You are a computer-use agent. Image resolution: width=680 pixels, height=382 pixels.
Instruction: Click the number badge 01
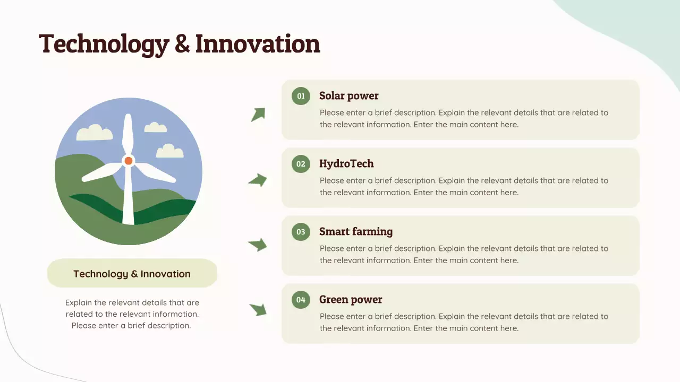301,96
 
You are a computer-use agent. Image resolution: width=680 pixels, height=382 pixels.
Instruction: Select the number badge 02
301,164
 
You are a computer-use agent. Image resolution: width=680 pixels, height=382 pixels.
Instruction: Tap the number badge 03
301,232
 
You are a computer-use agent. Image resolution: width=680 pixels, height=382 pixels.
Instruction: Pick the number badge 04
301,300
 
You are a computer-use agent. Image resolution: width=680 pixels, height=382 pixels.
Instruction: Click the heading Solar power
348,96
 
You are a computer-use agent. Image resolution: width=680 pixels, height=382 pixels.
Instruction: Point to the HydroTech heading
346,164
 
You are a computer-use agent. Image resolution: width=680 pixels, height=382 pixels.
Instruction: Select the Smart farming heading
355,232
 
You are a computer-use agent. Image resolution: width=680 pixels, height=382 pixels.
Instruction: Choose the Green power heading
351,300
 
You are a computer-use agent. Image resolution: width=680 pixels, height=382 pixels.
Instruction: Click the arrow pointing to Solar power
258,114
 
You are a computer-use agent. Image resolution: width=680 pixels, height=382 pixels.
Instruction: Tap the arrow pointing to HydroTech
258,180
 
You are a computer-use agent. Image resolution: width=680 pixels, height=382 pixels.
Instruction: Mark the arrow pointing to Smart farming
258,245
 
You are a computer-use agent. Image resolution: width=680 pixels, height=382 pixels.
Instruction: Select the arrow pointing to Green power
258,309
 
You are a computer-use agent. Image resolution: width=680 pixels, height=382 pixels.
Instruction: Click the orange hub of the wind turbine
128,161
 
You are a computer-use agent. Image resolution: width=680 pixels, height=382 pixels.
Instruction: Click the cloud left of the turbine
95,133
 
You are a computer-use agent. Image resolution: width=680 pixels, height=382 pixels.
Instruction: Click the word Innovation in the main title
258,44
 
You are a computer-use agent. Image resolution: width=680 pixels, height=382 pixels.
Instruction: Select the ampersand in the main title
182,44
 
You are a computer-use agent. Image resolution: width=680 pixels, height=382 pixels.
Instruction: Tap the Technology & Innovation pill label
132,274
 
